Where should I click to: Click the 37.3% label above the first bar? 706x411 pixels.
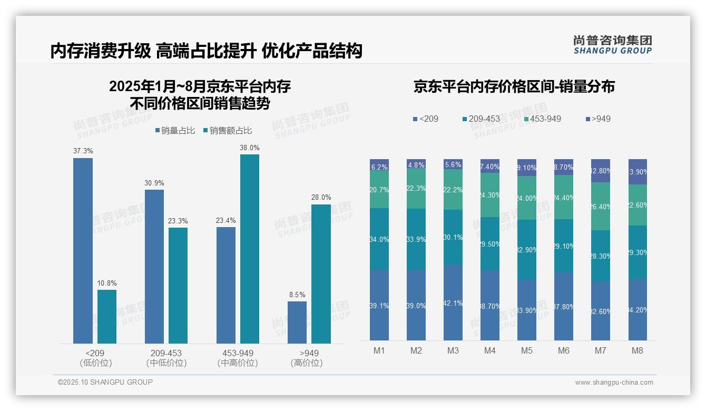pyautogui.click(x=83, y=151)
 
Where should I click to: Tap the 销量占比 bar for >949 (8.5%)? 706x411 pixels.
pyautogui.click(x=297, y=322)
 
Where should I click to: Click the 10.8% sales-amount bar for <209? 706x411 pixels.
pyautogui.click(x=106, y=316)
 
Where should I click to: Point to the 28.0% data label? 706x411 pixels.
pyautogui.click(x=321, y=198)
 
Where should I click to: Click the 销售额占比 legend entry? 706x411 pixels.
pyautogui.click(x=227, y=131)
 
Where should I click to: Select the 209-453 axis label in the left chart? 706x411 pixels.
pyautogui.click(x=166, y=353)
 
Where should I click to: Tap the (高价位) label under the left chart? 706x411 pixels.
pyautogui.click(x=306, y=363)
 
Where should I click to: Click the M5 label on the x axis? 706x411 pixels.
pyautogui.click(x=526, y=350)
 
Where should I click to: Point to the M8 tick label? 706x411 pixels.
pyautogui.click(x=637, y=350)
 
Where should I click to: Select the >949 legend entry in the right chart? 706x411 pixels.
pyautogui.click(x=598, y=119)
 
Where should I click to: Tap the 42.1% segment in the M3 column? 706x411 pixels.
pyautogui.click(x=453, y=302)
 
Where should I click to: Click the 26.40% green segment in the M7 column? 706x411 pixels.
pyautogui.click(x=600, y=206)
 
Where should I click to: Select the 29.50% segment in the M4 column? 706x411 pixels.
pyautogui.click(x=489, y=243)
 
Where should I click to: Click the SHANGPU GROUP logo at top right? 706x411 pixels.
pyautogui.click(x=612, y=45)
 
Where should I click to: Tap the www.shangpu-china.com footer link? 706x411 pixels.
pyautogui.click(x=614, y=383)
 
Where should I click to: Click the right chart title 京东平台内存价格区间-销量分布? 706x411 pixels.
pyautogui.click(x=514, y=87)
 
